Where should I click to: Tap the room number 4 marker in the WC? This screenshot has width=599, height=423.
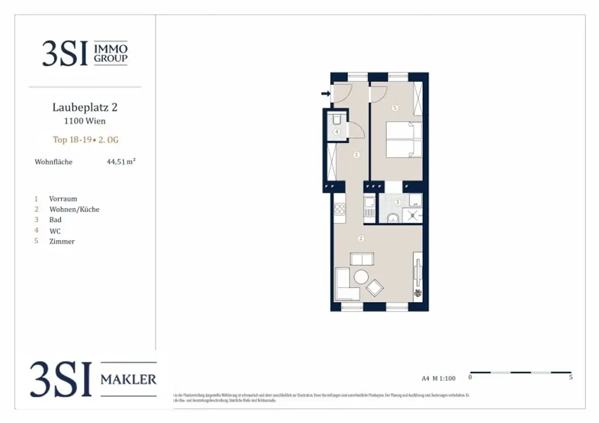pos(337,131)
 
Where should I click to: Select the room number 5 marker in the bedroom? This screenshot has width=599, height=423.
pos(395,108)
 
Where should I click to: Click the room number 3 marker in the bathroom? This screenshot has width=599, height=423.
pos(398,202)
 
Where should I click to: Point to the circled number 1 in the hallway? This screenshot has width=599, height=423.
pos(357,155)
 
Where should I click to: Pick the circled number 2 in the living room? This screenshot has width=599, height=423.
pos(362,238)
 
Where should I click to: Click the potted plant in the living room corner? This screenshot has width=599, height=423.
pos(418,293)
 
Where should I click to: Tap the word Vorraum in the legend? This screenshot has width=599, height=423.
pos(63,199)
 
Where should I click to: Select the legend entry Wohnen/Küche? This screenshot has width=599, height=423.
pos(74,209)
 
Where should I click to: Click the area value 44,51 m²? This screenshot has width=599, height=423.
pos(121,162)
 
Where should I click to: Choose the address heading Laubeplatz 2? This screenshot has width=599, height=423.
pos(85,108)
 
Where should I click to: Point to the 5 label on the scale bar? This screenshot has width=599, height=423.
pos(570,378)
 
